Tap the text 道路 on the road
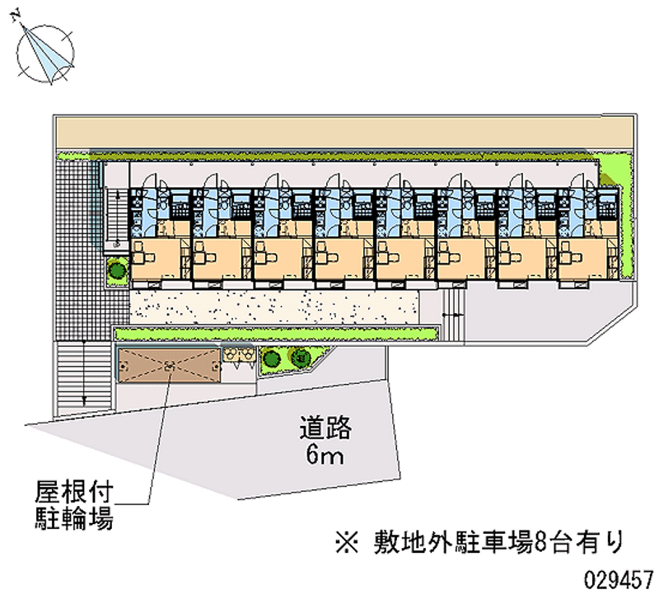325,428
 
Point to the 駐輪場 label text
72,520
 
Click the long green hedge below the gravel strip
277,333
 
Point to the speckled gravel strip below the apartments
272,305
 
